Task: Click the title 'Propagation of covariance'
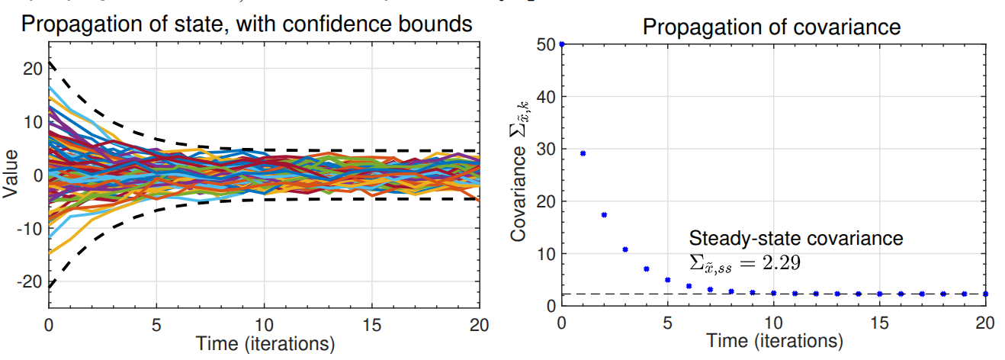click(x=772, y=28)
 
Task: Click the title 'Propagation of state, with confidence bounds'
click(x=247, y=24)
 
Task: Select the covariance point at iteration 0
click(x=562, y=44)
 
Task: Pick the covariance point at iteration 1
click(x=583, y=153)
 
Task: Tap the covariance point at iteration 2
click(x=604, y=215)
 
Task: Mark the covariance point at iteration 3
click(x=625, y=249)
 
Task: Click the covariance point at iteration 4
click(x=647, y=268)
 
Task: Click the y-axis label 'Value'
click(x=11, y=175)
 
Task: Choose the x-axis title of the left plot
click(x=265, y=344)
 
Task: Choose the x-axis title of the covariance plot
click(x=773, y=340)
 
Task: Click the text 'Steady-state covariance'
click(x=796, y=238)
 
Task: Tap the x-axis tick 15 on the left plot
click(x=372, y=323)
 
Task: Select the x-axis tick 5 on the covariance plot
click(x=668, y=321)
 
